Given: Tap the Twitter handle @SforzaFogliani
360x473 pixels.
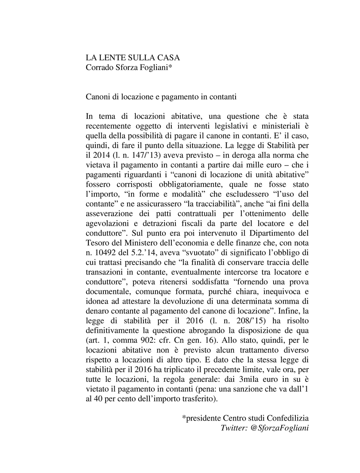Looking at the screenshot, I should (x=278, y=428).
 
